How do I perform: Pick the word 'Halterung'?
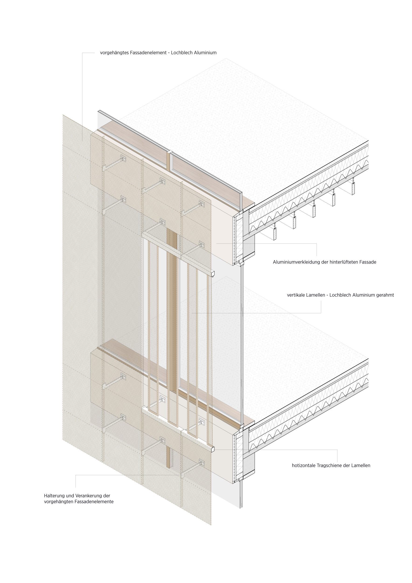[x=54, y=496]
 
